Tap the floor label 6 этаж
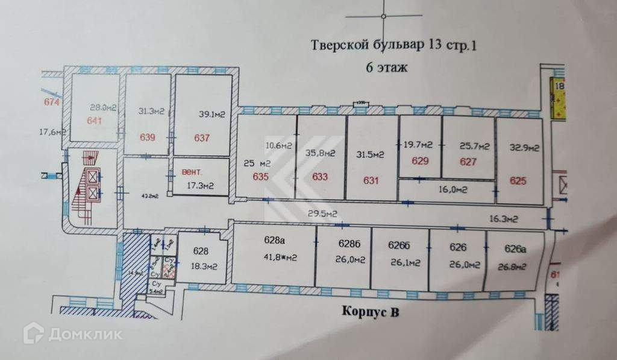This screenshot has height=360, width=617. point(387,67)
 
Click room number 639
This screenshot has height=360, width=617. point(148,137)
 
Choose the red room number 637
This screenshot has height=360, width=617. point(202,137)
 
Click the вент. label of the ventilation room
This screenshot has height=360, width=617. point(192,172)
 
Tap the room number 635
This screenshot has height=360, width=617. point(260,177)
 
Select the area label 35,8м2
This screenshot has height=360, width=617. point(321,154)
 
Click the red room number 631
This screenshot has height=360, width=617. point(372,179)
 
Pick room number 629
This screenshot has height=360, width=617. point(420,161)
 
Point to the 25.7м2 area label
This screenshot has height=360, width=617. point(474,146)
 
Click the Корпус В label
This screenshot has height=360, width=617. point(371,312)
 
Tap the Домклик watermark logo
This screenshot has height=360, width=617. point(72,333)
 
